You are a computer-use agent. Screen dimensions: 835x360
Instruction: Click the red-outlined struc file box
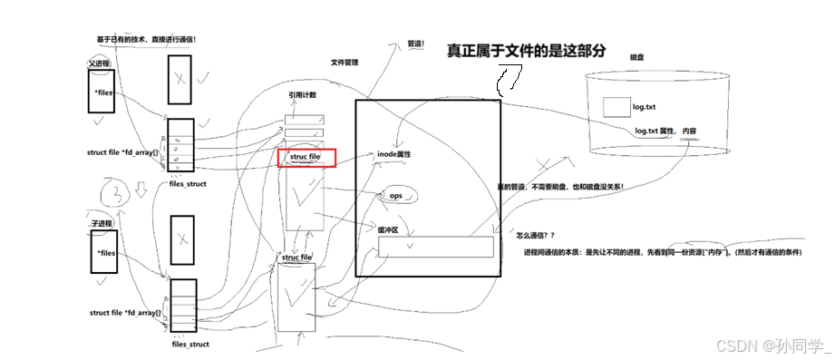point(306,158)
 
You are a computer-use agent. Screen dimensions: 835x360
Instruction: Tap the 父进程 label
point(99,64)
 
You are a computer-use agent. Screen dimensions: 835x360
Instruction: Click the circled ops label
point(395,196)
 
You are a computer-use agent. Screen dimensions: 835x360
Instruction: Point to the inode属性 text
point(394,155)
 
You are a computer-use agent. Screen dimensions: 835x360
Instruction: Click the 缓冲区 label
point(389,230)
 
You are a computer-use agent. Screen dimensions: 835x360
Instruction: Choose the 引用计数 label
point(302,95)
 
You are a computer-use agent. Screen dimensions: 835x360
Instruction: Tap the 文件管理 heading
point(345,63)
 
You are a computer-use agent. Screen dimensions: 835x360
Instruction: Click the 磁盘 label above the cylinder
point(636,57)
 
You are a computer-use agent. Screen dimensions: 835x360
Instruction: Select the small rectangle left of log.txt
point(616,107)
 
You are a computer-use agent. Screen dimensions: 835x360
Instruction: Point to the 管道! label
point(417,43)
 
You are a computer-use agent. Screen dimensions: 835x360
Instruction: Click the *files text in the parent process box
point(102,92)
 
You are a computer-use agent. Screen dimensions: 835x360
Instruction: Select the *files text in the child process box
point(105,253)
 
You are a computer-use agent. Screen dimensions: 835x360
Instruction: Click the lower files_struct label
point(190,345)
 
